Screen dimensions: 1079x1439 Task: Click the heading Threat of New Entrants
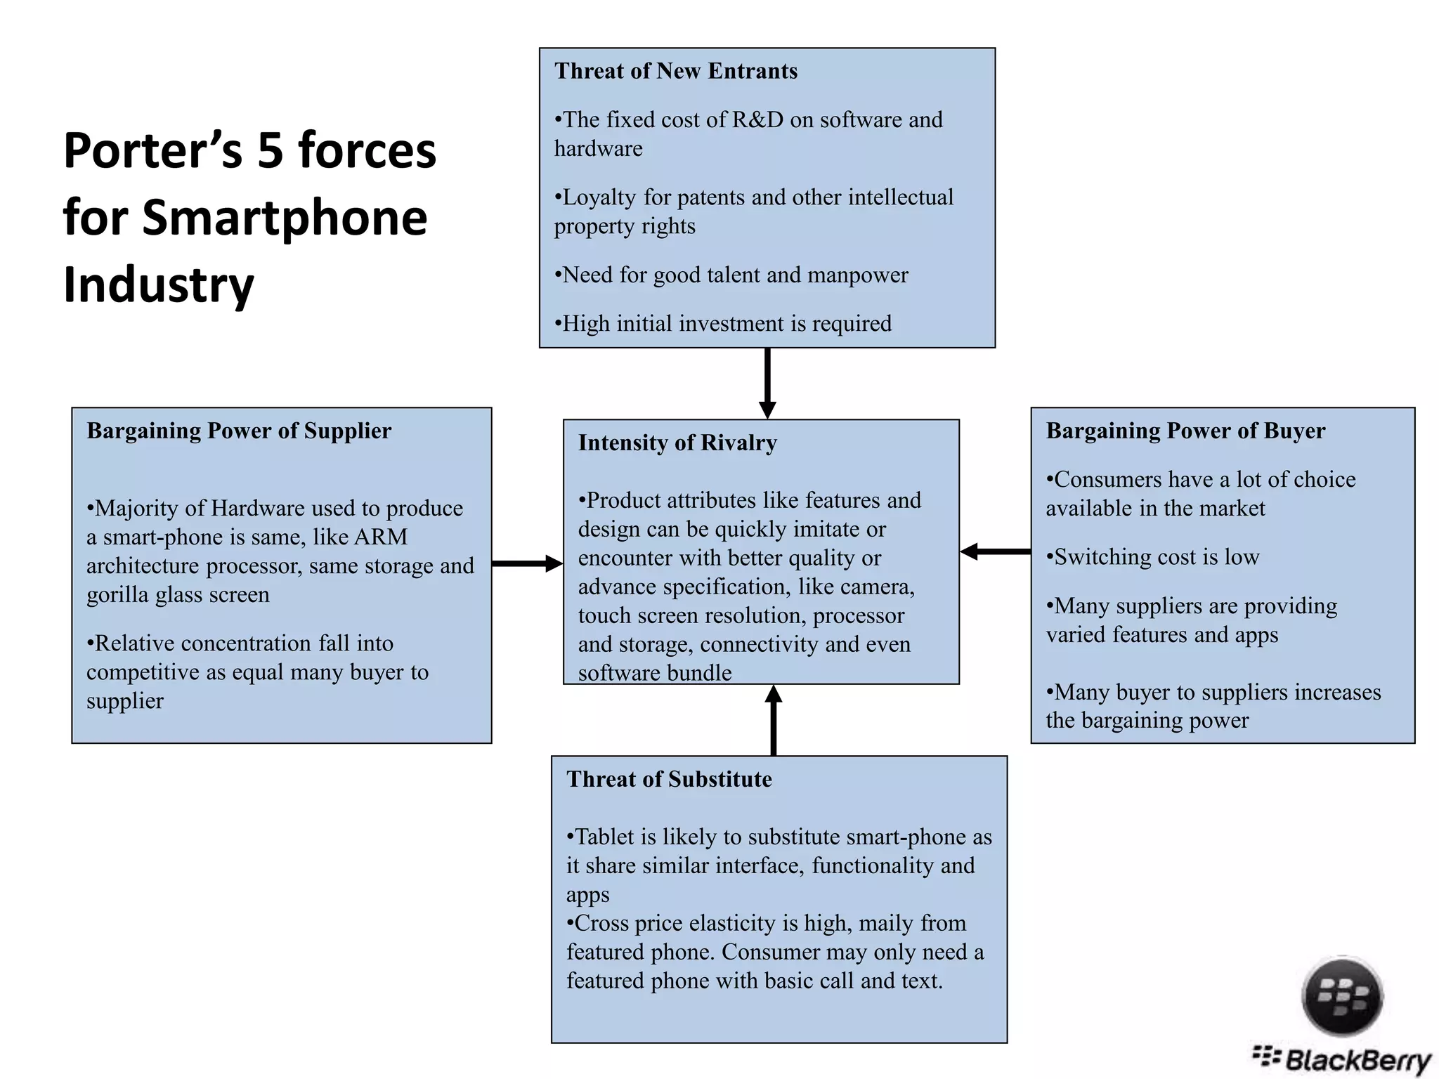coord(675,72)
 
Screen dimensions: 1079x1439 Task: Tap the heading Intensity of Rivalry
coord(677,443)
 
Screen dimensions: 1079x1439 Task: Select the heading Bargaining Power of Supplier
coord(239,431)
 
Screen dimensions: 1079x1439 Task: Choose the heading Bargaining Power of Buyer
coord(1185,431)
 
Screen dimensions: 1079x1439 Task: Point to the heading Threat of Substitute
coord(669,779)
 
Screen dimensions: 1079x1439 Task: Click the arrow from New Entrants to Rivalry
coord(767,383)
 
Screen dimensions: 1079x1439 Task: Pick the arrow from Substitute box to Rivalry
coord(774,720)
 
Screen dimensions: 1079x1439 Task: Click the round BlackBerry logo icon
coord(1342,996)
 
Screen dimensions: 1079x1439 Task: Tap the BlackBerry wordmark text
coord(1356,1059)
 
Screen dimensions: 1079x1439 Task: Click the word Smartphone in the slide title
coord(285,218)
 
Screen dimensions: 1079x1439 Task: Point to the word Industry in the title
coord(159,285)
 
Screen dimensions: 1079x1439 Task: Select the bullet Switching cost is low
coord(1153,557)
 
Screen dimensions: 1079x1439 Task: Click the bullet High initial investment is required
coord(723,324)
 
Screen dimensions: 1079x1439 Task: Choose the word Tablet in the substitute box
coord(604,837)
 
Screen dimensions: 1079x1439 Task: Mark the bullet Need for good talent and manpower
coord(731,275)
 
